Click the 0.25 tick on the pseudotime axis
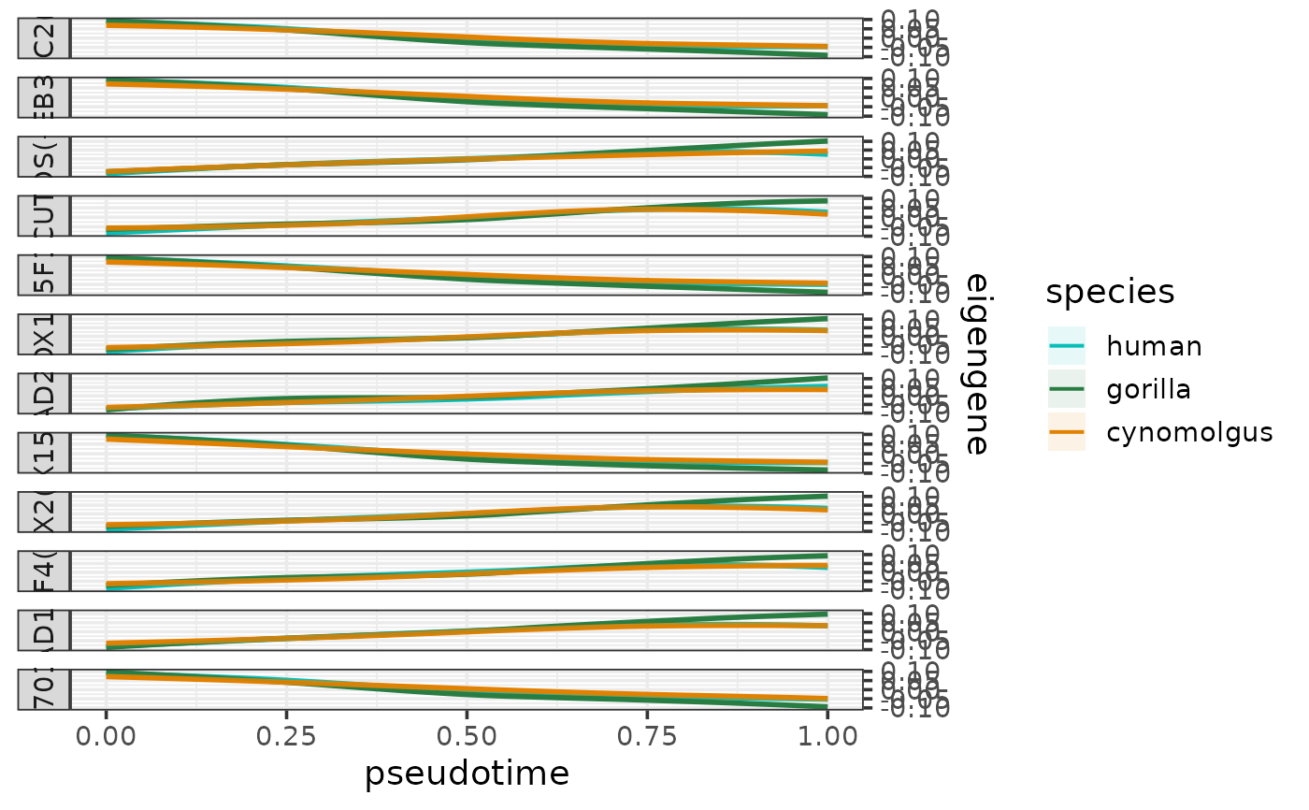[287, 735]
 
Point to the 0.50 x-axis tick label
[467, 735]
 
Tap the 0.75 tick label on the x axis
[647, 735]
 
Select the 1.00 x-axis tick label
[827, 735]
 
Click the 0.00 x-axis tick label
[107, 735]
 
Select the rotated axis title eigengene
[976, 364]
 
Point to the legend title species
[1110, 292]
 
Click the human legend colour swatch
[1066, 346]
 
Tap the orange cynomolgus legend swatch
[1066, 432]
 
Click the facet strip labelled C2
[44, 38]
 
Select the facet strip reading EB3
[44, 97]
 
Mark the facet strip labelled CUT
[44, 216]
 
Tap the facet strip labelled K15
[44, 453]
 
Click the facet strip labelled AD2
[44, 394]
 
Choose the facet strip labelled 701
[44, 690]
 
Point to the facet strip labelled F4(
[44, 571]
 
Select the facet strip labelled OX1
[44, 334]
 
